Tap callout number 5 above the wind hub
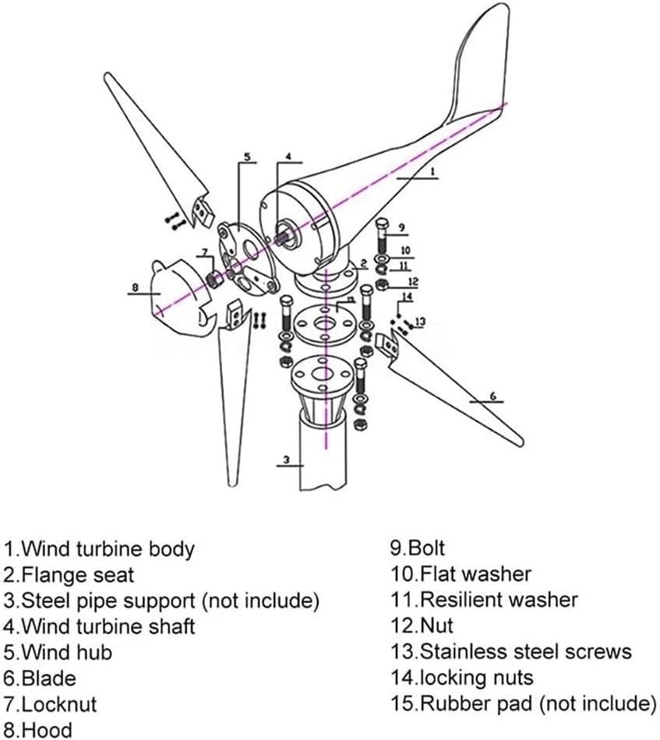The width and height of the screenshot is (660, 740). pos(247,157)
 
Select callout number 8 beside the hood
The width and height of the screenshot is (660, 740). pos(135,287)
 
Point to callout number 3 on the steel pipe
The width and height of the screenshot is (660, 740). pos(287,460)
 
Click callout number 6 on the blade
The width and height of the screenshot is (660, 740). pos(492,396)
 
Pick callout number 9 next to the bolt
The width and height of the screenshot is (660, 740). pos(402,227)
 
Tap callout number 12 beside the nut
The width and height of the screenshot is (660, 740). pos(414,281)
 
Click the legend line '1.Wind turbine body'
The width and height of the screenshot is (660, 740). pos(98,548)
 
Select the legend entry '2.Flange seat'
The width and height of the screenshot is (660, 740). pos(69,575)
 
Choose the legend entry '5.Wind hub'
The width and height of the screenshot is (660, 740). pos(58,651)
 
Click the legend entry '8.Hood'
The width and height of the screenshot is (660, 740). pos(37,729)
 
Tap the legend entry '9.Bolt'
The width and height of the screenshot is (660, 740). pos(418,548)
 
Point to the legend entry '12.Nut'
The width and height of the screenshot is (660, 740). pos(422,625)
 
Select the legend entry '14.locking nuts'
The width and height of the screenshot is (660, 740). pos(462,677)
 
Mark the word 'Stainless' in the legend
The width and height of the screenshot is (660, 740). pos(468,651)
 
